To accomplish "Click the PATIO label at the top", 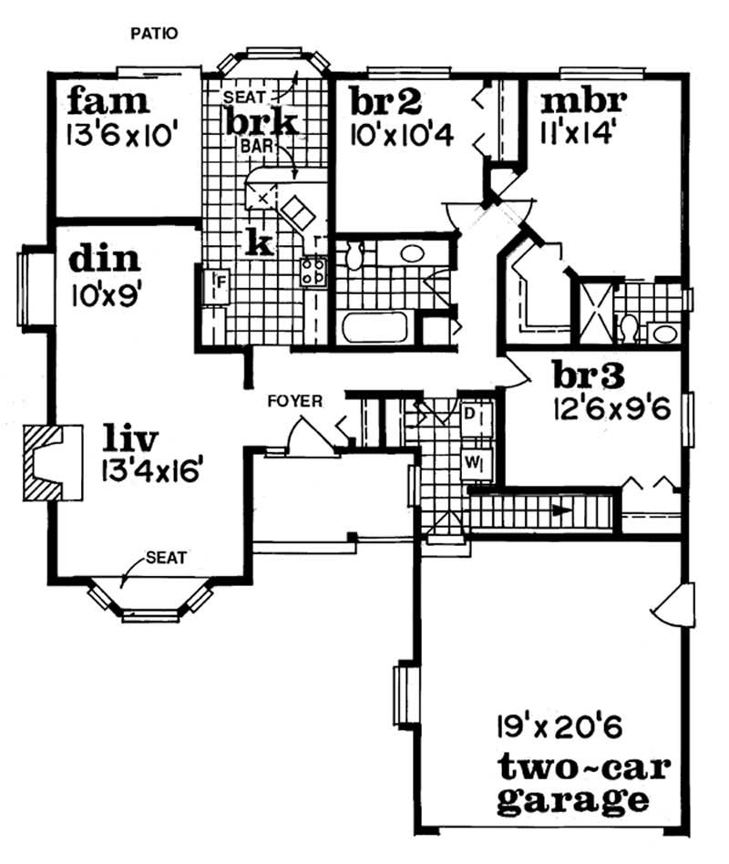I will coord(154,34).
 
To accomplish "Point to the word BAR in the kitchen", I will coord(253,144).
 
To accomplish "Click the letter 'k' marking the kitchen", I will coord(259,241).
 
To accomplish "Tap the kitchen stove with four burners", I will coord(314,270).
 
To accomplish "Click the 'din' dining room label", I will coord(106,259).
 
